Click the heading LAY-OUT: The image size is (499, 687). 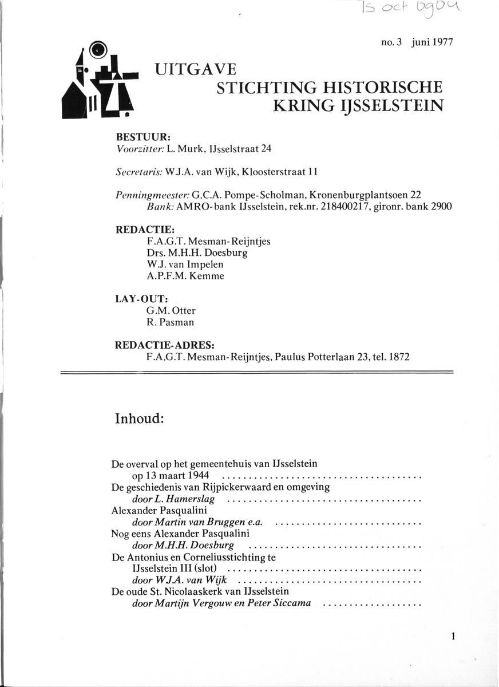coord(142,299)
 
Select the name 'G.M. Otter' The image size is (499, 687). coord(171,311)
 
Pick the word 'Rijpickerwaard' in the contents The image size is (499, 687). coord(252,488)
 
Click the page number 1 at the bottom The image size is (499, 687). coord(453,636)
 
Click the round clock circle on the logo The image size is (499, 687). coord(100,50)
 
